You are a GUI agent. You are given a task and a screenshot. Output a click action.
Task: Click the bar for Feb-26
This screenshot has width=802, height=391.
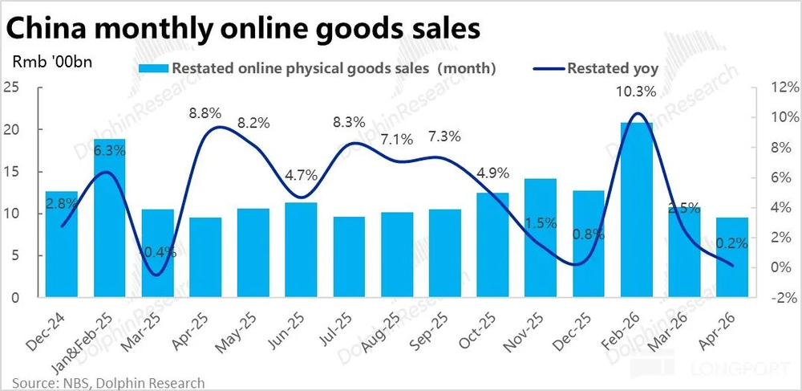[636, 210]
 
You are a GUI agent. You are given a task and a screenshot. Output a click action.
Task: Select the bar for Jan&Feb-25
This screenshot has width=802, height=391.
[109, 218]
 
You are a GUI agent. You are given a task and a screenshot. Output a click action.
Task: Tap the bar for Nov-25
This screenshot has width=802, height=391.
[541, 238]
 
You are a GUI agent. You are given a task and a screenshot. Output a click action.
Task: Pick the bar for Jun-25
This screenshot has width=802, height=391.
[301, 250]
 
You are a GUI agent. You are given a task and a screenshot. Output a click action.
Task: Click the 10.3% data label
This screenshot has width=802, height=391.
[636, 92]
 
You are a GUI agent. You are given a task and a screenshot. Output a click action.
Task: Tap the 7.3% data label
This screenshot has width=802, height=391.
[444, 137]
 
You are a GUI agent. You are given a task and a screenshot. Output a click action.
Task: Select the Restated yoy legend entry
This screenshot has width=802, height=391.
[595, 68]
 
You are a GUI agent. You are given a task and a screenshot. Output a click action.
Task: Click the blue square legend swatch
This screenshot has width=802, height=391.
[152, 68]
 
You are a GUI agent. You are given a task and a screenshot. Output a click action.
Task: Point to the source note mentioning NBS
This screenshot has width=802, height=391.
[108, 383]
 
